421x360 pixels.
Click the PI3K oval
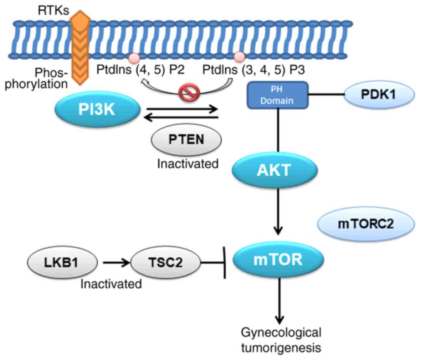point(97,109)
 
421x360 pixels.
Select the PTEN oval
point(186,139)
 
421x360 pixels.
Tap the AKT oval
point(274,170)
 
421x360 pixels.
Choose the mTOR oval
point(278,259)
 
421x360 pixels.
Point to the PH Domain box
point(277,94)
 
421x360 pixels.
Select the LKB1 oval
point(62,263)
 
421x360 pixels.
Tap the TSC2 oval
point(165,263)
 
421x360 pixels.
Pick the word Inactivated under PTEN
point(188,164)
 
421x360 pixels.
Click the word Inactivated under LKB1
point(111,284)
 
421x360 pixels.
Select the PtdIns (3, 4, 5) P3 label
point(253,70)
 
